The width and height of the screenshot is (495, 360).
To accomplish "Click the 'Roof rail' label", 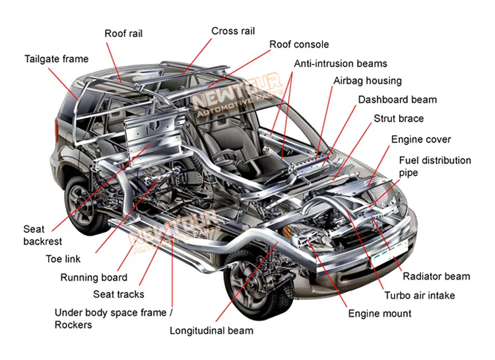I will (123, 34).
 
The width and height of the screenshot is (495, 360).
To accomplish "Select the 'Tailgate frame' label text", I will (56, 59).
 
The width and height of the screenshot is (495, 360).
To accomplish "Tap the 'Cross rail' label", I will (233, 31).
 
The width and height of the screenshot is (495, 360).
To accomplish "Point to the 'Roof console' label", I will (299, 44).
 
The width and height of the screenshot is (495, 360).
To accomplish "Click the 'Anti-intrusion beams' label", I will (341, 64).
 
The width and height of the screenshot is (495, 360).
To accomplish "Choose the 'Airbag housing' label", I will (367, 81).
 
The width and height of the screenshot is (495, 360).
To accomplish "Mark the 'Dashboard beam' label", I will (397, 100).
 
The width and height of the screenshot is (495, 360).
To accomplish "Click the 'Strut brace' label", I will (399, 119).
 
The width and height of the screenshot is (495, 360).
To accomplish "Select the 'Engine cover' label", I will (421, 139).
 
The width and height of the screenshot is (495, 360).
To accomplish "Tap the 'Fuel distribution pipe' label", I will (434, 166).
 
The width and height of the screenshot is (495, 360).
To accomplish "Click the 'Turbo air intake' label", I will (420, 295).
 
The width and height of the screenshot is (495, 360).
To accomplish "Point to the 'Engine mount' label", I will (379, 313).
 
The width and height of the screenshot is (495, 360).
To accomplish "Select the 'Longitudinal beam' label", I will (211, 330).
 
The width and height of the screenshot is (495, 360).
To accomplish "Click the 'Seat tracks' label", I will (119, 294).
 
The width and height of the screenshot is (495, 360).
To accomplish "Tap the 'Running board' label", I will (94, 278).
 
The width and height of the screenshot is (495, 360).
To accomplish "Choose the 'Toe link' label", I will (63, 259).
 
